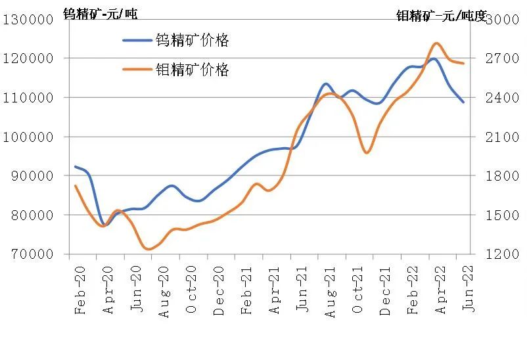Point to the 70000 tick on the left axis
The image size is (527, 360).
point(32,254)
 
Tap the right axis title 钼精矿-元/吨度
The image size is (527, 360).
point(442,15)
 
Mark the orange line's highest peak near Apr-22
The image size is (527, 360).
point(436,43)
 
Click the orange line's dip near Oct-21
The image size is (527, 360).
point(367,153)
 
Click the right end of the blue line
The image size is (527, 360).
point(463,102)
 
